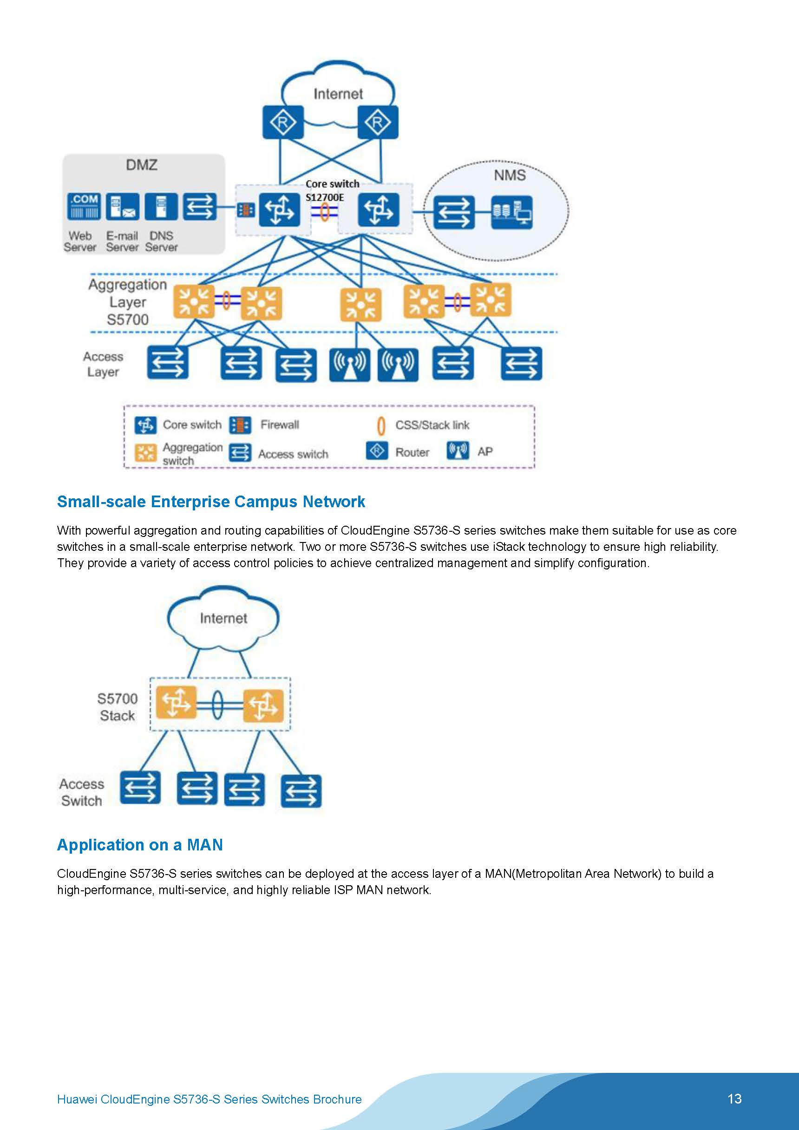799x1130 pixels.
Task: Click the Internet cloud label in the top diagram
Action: (338, 94)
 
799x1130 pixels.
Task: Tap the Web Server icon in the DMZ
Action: (84, 206)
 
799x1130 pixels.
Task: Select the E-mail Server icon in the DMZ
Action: (123, 206)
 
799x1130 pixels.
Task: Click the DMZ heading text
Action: (141, 165)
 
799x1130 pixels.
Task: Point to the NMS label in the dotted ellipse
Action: (510, 175)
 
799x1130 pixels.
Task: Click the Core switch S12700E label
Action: (332, 190)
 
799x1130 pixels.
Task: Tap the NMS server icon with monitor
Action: (511, 212)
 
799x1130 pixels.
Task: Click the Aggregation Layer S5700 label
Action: (127, 302)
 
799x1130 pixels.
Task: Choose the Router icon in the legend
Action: (377, 451)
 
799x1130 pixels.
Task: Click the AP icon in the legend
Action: (458, 451)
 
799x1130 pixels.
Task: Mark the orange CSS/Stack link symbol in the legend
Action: (380, 426)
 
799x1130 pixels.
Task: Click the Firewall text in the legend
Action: (280, 425)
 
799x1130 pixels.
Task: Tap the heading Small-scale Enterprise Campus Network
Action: (211, 502)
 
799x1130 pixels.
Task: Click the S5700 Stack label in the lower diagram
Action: (117, 707)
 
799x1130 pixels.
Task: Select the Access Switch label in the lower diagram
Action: (81, 792)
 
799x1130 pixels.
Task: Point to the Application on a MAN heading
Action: (140, 844)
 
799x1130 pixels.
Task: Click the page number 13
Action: (734, 1098)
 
